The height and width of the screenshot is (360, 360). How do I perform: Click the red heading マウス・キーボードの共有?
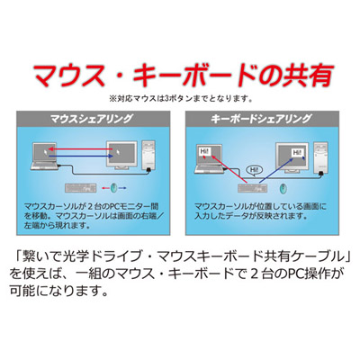tap(184, 76)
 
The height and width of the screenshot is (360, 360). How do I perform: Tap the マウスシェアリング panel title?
tap(91, 119)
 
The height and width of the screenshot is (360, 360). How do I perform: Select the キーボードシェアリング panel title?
tap(261, 119)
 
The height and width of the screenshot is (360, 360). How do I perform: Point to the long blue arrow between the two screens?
tap(81, 157)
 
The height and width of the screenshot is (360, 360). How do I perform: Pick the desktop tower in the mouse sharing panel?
tap(148, 156)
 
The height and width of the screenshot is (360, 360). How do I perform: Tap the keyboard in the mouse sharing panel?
tap(81, 188)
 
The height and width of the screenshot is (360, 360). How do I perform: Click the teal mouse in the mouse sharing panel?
tap(113, 188)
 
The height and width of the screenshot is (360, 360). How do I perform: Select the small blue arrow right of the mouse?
tap(122, 188)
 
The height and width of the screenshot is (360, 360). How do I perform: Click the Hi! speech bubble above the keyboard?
tap(254, 171)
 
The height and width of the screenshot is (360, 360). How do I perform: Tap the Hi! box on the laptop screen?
tap(203, 151)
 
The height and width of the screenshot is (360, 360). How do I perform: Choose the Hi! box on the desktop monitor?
tap(297, 153)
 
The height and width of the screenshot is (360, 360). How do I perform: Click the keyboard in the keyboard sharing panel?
tap(252, 188)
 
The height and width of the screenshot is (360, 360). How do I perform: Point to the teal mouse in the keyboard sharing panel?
tap(283, 188)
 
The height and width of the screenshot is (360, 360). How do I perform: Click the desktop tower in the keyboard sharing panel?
tap(320, 157)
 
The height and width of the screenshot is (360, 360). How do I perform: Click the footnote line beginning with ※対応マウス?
tap(180, 99)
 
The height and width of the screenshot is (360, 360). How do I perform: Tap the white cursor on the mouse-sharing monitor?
tap(117, 153)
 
